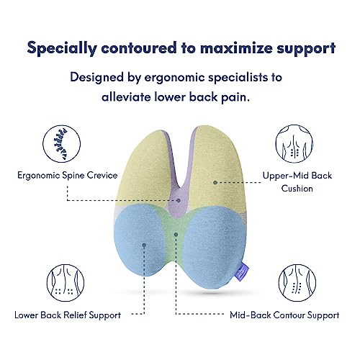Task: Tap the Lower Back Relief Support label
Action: (x=67, y=315)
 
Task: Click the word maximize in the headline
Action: (x=236, y=48)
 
